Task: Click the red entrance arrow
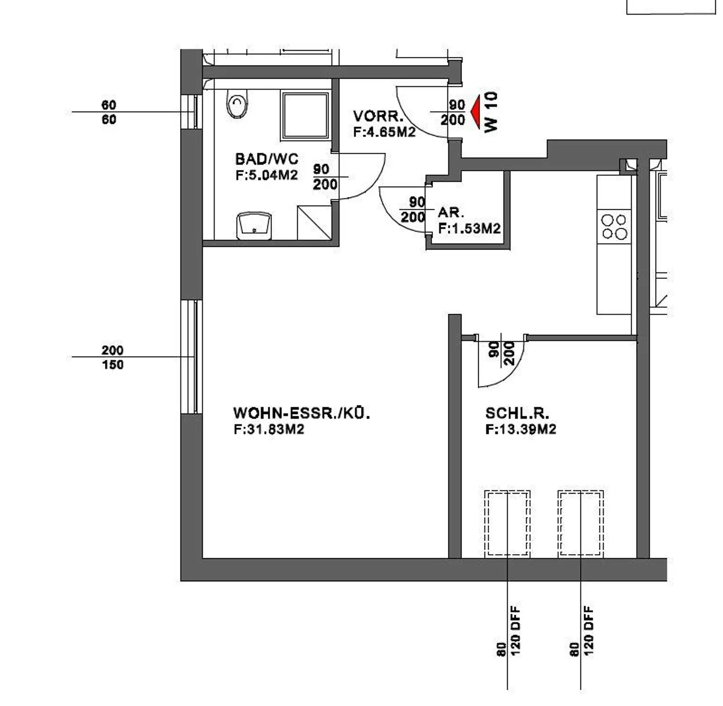tap(474, 111)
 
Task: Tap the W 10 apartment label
tap(491, 112)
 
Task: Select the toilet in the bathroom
tap(237, 104)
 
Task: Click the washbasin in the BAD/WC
tap(254, 226)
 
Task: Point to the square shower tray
tap(305, 116)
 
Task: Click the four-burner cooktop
tap(614, 227)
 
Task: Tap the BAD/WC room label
tap(267, 159)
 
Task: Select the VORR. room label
tap(378, 116)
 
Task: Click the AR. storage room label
tap(451, 213)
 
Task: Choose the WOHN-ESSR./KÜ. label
tap(302, 413)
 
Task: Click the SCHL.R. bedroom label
tap(517, 413)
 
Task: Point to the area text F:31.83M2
tap(269, 429)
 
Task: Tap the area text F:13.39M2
tap(521, 429)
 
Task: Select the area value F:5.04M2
tap(267, 175)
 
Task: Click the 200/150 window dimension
tap(112, 357)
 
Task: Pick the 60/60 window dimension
tap(109, 112)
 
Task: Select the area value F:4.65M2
tap(385, 132)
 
